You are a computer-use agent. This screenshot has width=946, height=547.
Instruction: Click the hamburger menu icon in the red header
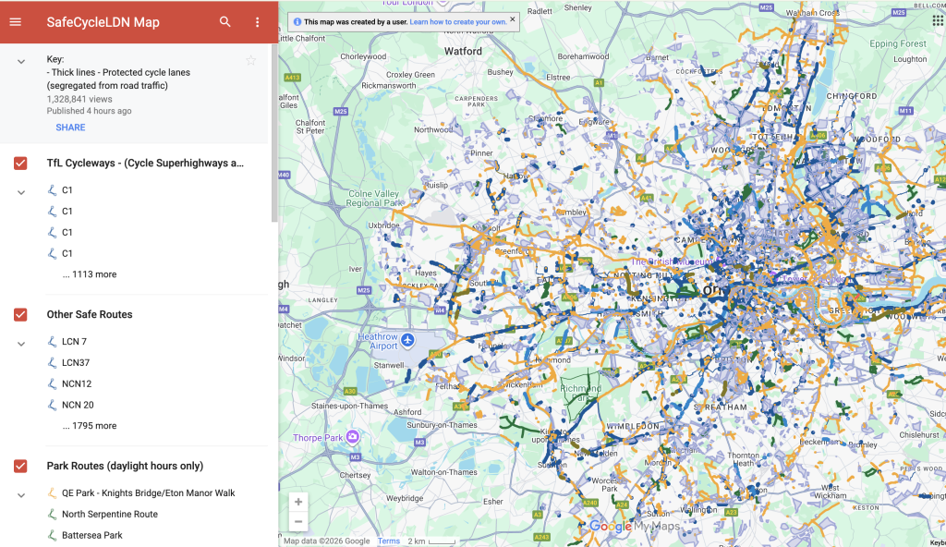click(x=15, y=22)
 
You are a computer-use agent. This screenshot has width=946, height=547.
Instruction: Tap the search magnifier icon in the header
click(x=225, y=22)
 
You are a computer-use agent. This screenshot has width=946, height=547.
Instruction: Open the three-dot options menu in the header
click(x=257, y=22)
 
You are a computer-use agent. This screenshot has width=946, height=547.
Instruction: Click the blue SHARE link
click(x=70, y=128)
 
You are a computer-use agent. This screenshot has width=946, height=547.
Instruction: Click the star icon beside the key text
click(x=250, y=61)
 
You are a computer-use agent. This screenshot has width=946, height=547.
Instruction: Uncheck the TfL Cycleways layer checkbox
click(x=20, y=164)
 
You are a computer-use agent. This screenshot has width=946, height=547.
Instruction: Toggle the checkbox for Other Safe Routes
click(x=20, y=315)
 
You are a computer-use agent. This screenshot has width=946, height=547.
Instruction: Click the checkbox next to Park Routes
click(x=20, y=467)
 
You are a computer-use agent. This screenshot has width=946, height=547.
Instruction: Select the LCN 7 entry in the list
click(x=74, y=342)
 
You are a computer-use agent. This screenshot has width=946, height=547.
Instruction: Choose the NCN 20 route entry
click(x=77, y=405)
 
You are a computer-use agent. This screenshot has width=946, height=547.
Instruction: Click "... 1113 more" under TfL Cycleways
click(x=89, y=274)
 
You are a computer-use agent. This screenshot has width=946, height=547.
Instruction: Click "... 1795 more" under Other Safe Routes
click(x=89, y=426)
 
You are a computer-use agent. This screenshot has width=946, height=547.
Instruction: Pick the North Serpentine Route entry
click(x=109, y=514)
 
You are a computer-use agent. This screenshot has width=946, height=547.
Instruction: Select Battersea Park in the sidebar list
click(x=91, y=535)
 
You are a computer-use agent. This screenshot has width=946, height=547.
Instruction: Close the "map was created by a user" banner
click(x=513, y=18)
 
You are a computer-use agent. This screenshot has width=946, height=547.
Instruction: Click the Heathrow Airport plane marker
click(x=407, y=341)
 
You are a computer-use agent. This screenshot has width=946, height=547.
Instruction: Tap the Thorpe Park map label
click(x=319, y=437)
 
